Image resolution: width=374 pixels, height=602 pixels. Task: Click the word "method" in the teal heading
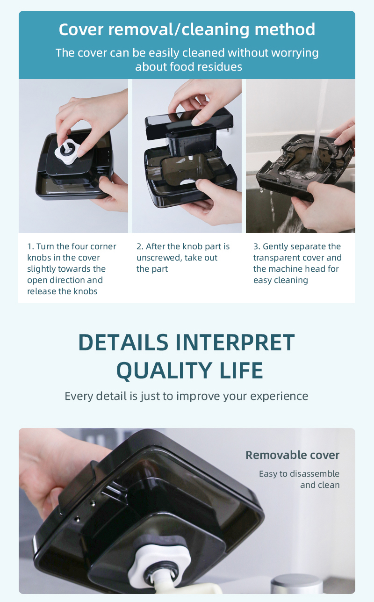click(285, 29)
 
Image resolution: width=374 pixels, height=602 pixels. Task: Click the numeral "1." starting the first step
click(31, 247)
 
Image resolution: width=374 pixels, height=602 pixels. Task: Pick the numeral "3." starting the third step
click(257, 247)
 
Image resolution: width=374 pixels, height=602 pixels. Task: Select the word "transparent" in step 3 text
click(274, 258)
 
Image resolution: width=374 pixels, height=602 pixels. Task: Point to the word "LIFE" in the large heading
click(241, 370)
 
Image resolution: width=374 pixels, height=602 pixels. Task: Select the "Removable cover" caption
click(293, 455)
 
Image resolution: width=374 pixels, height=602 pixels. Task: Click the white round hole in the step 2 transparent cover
click(188, 182)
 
